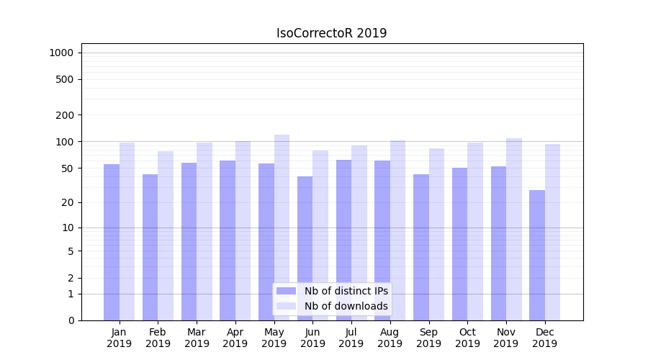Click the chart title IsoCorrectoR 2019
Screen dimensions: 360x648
tap(331, 33)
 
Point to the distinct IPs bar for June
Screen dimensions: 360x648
tap(305, 248)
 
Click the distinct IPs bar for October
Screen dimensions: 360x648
tap(460, 244)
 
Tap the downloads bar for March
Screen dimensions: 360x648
tap(204, 231)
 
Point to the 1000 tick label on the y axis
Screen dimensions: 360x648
tap(61, 53)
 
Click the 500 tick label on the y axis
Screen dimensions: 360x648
tap(64, 79)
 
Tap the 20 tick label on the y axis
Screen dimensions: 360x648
tap(67, 202)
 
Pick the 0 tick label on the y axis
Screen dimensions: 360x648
tap(71, 320)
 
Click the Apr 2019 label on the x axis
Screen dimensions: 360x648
tap(235, 338)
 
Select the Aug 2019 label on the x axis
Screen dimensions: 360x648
tap(390, 338)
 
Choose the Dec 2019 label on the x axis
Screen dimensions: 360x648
tap(544, 338)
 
